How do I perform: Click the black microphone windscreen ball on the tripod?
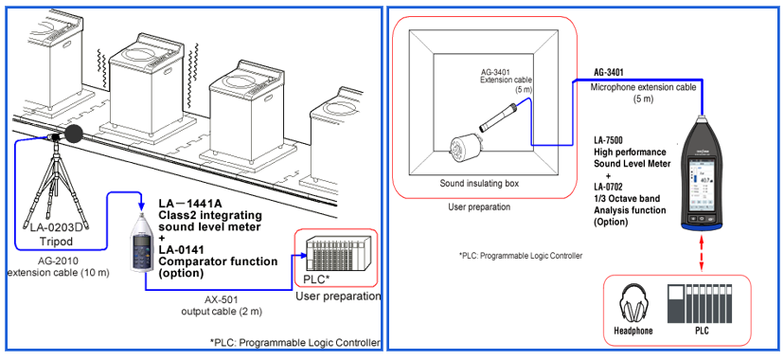(x=75, y=135)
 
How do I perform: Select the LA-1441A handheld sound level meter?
(x=142, y=245)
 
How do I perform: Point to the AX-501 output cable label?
(x=222, y=305)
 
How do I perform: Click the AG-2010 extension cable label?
(x=59, y=266)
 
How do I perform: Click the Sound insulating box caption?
(x=479, y=184)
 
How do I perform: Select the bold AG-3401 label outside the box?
(x=609, y=73)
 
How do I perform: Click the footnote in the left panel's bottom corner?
(x=294, y=343)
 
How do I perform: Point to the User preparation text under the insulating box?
(x=478, y=207)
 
